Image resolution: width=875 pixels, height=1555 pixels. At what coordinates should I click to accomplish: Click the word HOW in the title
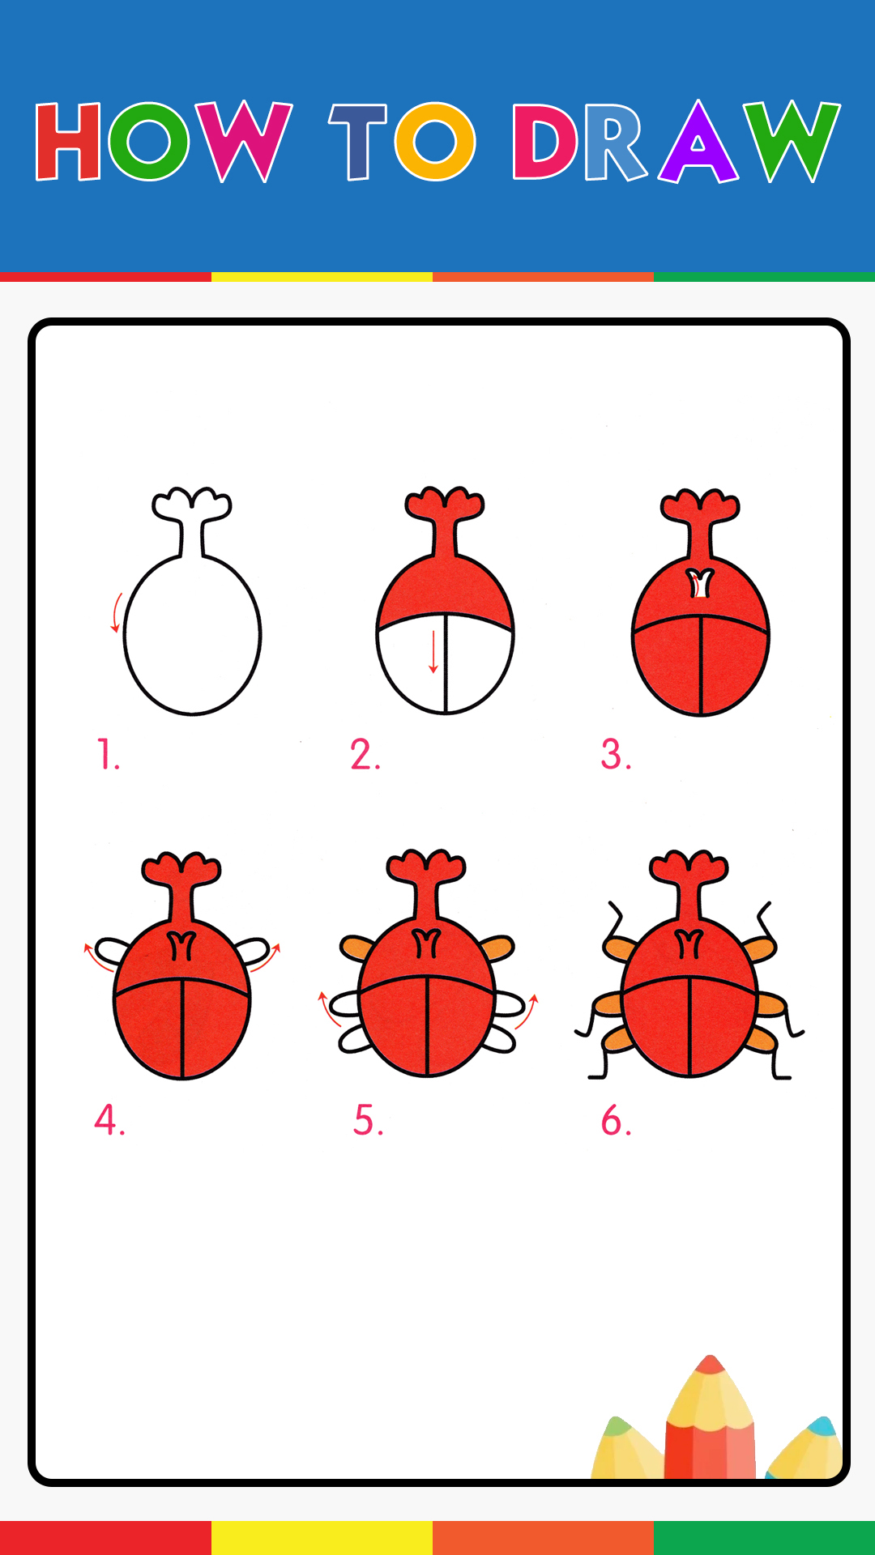[x=164, y=141]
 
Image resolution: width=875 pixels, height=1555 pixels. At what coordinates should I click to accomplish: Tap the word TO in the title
[x=402, y=141]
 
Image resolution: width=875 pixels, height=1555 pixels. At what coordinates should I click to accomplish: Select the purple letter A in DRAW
[x=698, y=143]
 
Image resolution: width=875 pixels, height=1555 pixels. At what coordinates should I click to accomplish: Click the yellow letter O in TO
[x=435, y=142]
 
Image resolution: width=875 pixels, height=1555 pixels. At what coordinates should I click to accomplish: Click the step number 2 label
[x=365, y=754]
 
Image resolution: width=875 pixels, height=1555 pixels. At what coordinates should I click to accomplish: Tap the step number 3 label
[x=616, y=754]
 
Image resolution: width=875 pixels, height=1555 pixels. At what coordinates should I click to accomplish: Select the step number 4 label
[x=109, y=1120]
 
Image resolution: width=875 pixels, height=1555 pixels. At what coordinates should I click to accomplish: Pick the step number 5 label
[x=368, y=1120]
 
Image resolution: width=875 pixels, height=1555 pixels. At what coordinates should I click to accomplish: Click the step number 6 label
[x=616, y=1120]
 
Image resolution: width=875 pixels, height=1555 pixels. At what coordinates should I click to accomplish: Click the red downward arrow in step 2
[x=433, y=651]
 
